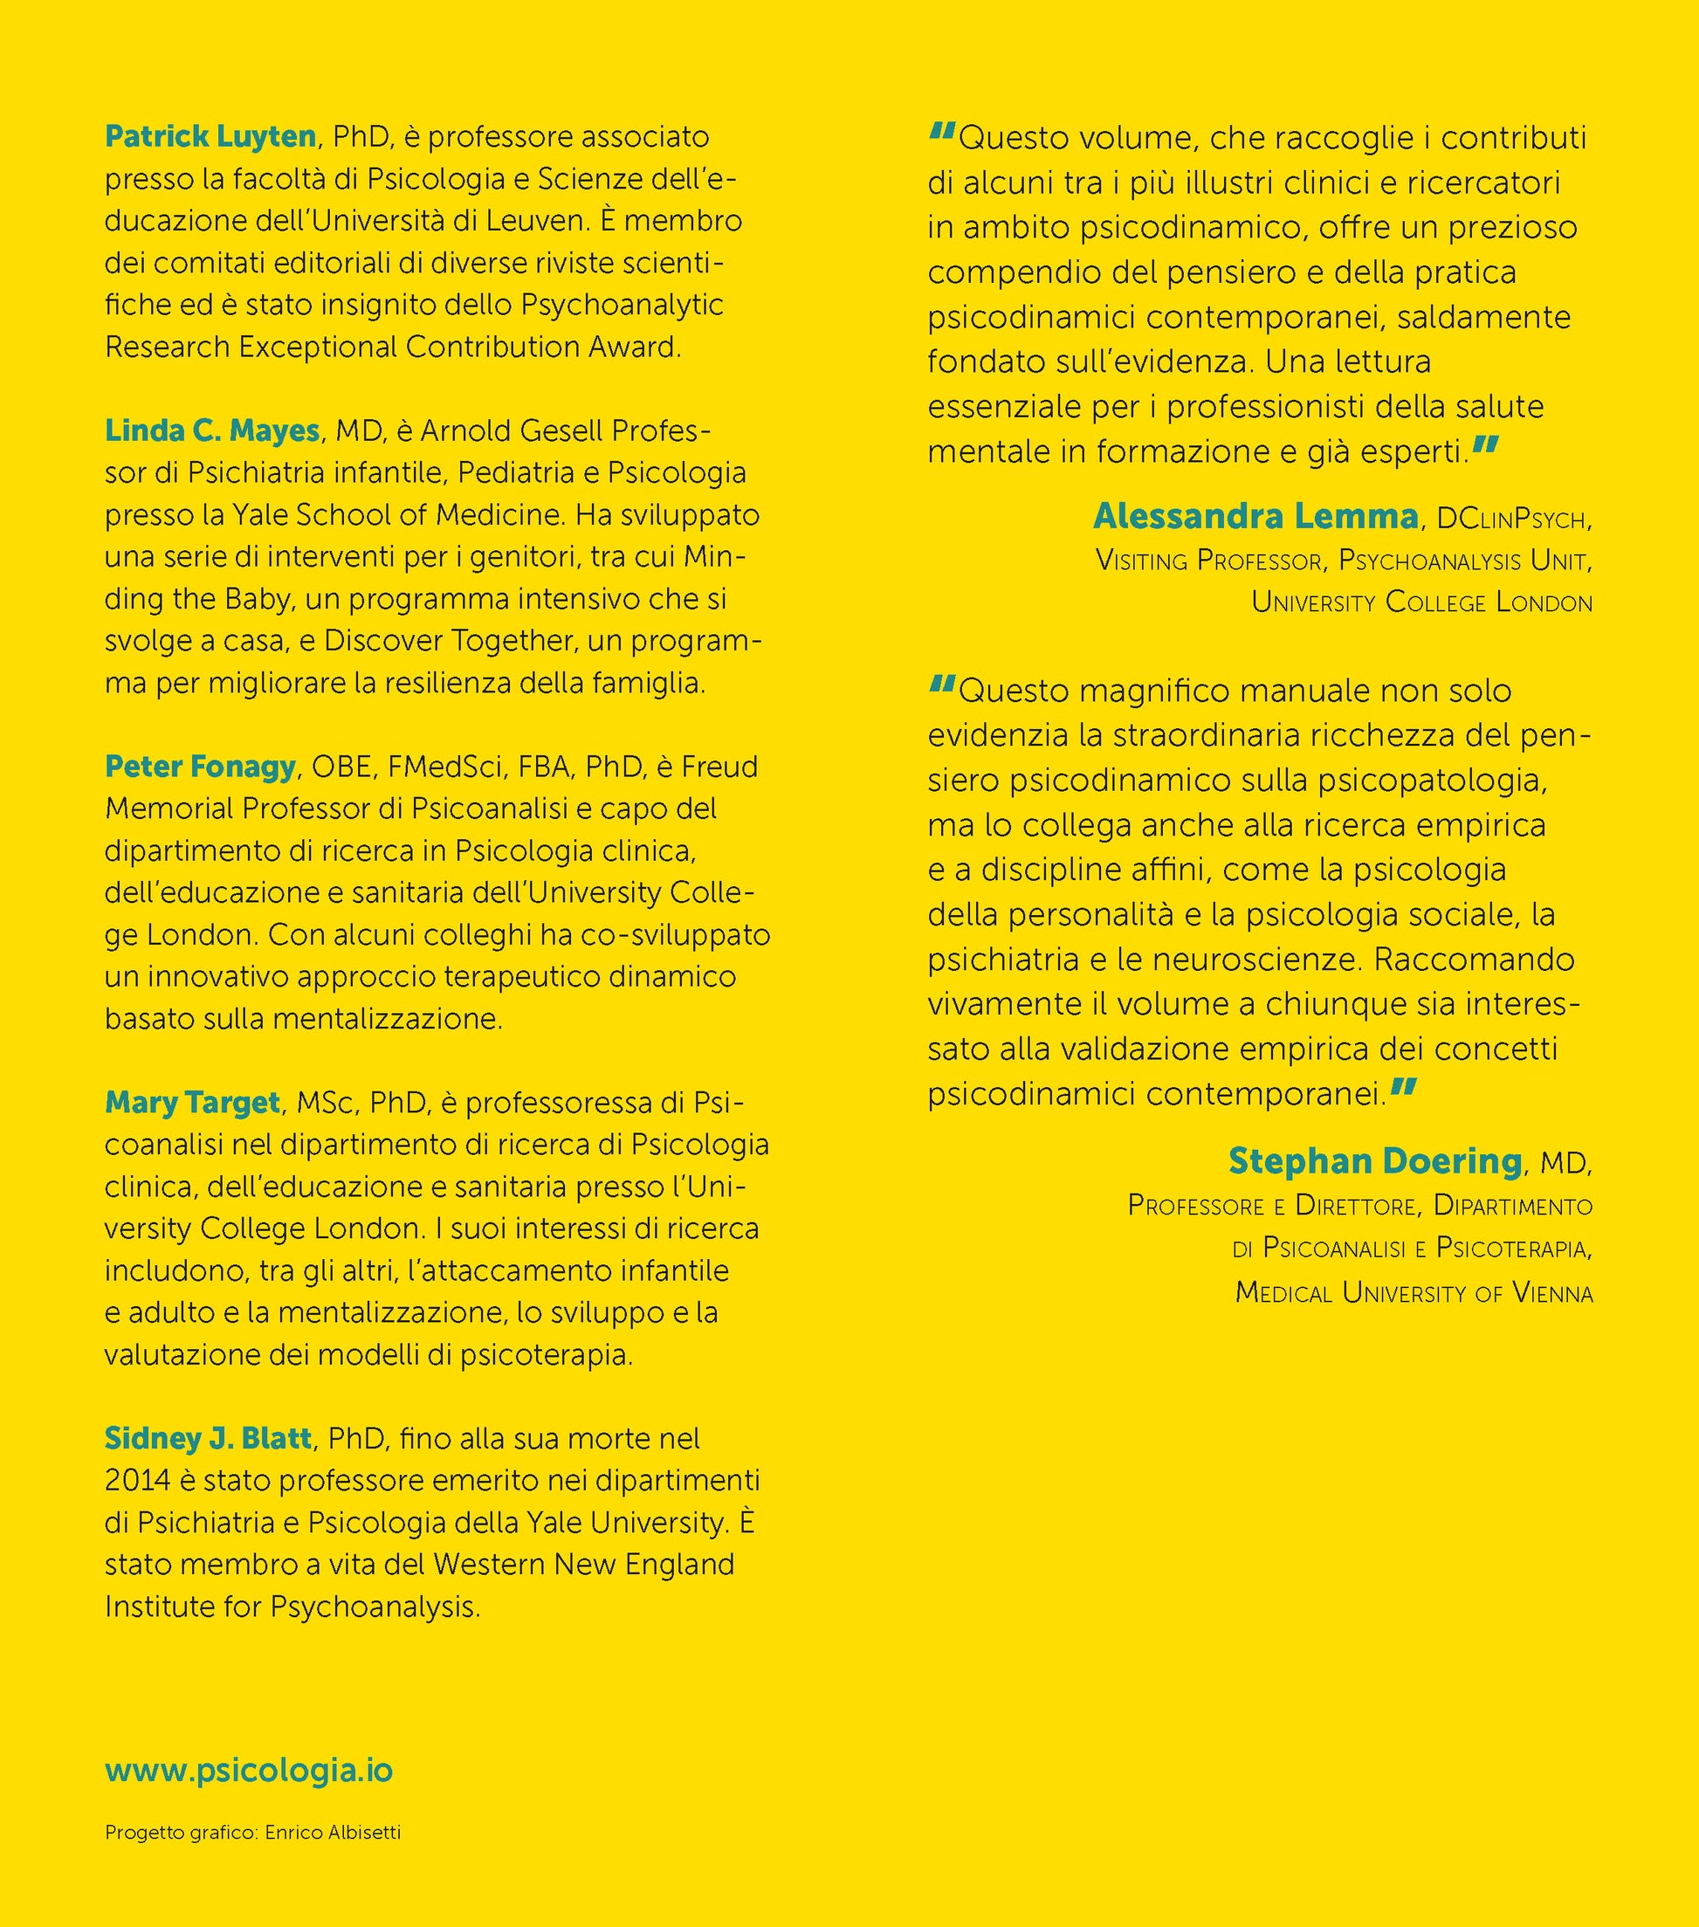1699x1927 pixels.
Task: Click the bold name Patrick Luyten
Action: [210, 137]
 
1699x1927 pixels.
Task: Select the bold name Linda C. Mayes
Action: [212, 430]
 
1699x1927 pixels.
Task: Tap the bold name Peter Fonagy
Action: [200, 767]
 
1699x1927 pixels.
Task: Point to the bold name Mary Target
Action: [192, 1102]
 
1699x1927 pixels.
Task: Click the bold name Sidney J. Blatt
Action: [208, 1439]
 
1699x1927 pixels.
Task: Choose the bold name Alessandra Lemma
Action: [1255, 517]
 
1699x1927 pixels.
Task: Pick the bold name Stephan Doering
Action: [1375, 1161]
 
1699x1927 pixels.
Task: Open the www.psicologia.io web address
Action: [249, 1771]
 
